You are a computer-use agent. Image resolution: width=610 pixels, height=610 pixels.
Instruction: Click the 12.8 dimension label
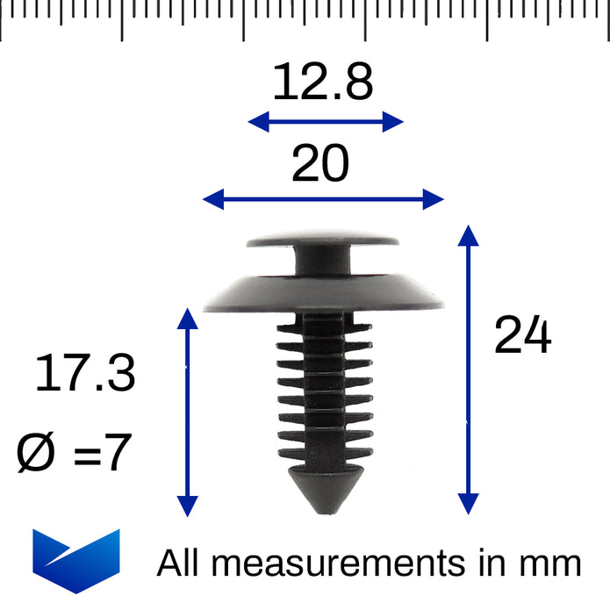(x=323, y=82)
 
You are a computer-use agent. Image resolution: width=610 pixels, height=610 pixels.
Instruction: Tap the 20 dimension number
(x=320, y=162)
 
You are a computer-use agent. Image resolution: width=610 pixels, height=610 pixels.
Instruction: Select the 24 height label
(x=522, y=334)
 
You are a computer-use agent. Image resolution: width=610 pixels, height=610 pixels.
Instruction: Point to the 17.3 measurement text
(x=85, y=373)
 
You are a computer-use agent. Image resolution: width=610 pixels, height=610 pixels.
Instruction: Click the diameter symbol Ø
(x=35, y=452)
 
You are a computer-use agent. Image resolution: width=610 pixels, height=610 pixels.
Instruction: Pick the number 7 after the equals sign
(x=118, y=452)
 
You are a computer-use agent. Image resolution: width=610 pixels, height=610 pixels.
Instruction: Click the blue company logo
(x=76, y=561)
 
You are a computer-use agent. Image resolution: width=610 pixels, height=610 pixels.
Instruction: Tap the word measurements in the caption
(x=339, y=563)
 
